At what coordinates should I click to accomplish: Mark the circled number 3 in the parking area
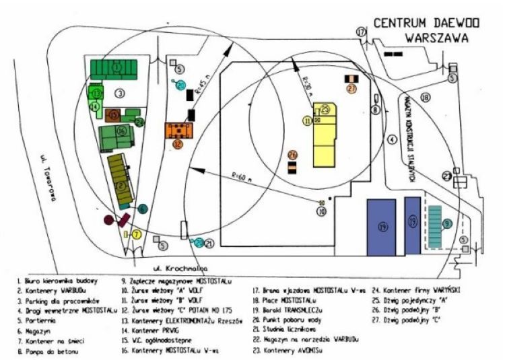tap(119, 92)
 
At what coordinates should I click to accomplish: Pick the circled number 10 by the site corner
tap(322, 211)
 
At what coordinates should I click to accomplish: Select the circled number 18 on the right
tap(425, 98)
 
